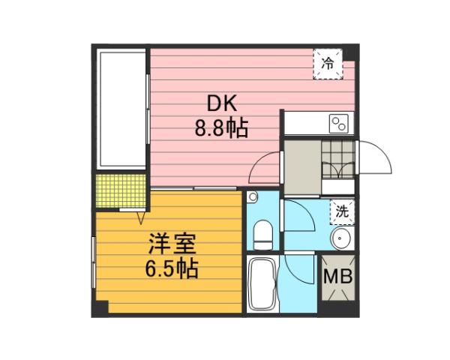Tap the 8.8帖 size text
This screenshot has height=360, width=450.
click(x=222, y=128)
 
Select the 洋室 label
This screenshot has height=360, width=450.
click(x=172, y=243)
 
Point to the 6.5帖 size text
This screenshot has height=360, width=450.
click(x=172, y=268)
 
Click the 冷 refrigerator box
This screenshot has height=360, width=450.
click(x=327, y=64)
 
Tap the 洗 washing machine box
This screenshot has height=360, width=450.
click(x=342, y=211)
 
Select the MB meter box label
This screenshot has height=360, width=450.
click(x=337, y=277)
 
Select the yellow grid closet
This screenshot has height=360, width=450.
click(x=120, y=192)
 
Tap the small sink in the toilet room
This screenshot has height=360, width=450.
click(x=253, y=197)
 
